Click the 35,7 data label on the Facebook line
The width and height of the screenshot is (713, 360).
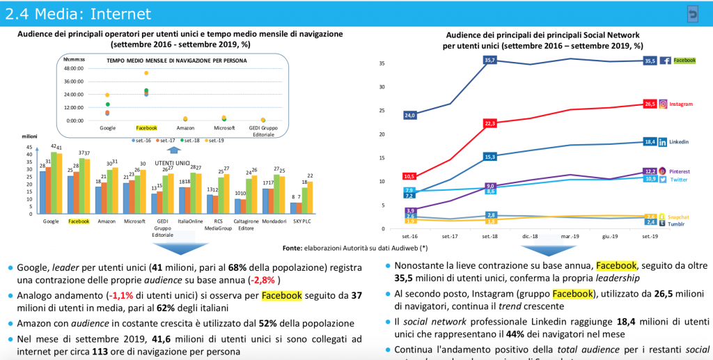click(489, 61)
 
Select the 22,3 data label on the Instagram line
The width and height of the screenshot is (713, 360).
click(489, 123)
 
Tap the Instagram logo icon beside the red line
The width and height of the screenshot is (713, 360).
click(663, 104)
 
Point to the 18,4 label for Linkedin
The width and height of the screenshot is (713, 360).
click(649, 141)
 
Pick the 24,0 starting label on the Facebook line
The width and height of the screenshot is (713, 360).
click(409, 115)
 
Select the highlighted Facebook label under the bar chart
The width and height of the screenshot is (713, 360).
click(79, 222)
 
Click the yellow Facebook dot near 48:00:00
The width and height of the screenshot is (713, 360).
click(146, 73)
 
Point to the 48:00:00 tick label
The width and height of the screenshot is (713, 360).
click(73, 68)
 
